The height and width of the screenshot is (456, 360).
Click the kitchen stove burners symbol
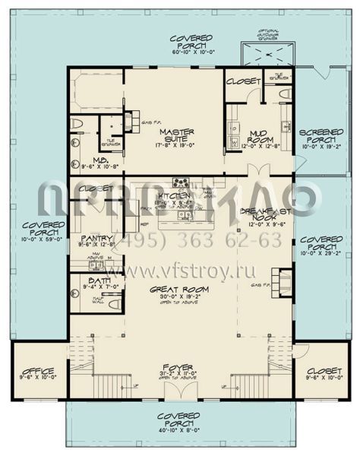pos(182,182)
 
